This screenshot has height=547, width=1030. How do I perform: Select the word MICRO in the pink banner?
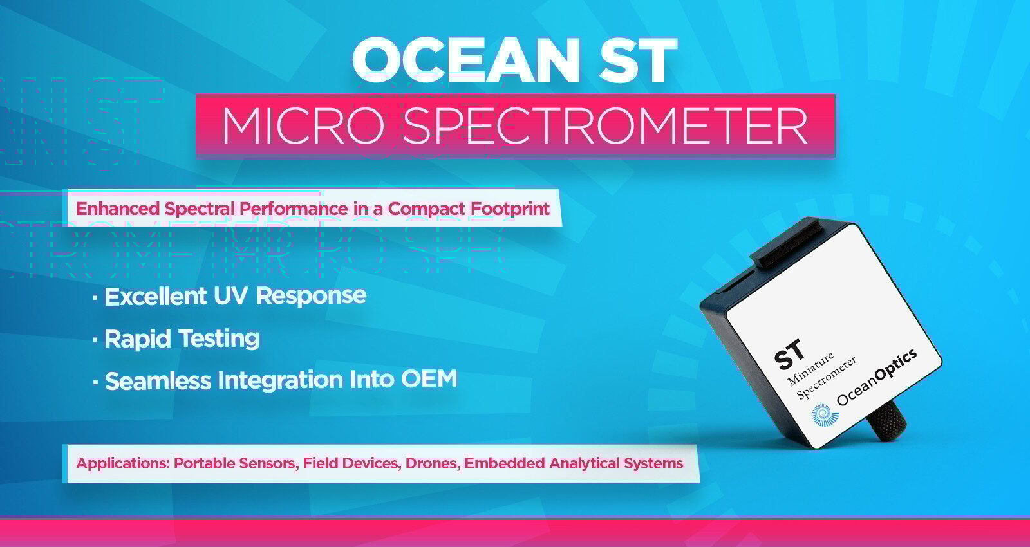coord(303,125)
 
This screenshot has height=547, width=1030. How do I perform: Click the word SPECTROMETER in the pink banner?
coord(605,125)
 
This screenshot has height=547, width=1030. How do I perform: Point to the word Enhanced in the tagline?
coord(117,209)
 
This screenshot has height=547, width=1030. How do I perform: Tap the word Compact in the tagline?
coord(426,209)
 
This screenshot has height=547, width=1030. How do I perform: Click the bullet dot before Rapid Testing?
coord(95,340)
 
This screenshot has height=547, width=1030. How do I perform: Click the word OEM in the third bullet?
coord(429,379)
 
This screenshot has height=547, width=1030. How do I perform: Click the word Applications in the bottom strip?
coord(123,463)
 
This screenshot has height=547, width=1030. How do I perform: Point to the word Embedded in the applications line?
coord(505,463)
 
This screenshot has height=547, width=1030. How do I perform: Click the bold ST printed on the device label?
coord(789,355)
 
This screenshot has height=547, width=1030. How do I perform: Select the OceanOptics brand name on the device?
coord(876,377)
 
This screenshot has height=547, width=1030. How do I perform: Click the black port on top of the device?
coord(789,245)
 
